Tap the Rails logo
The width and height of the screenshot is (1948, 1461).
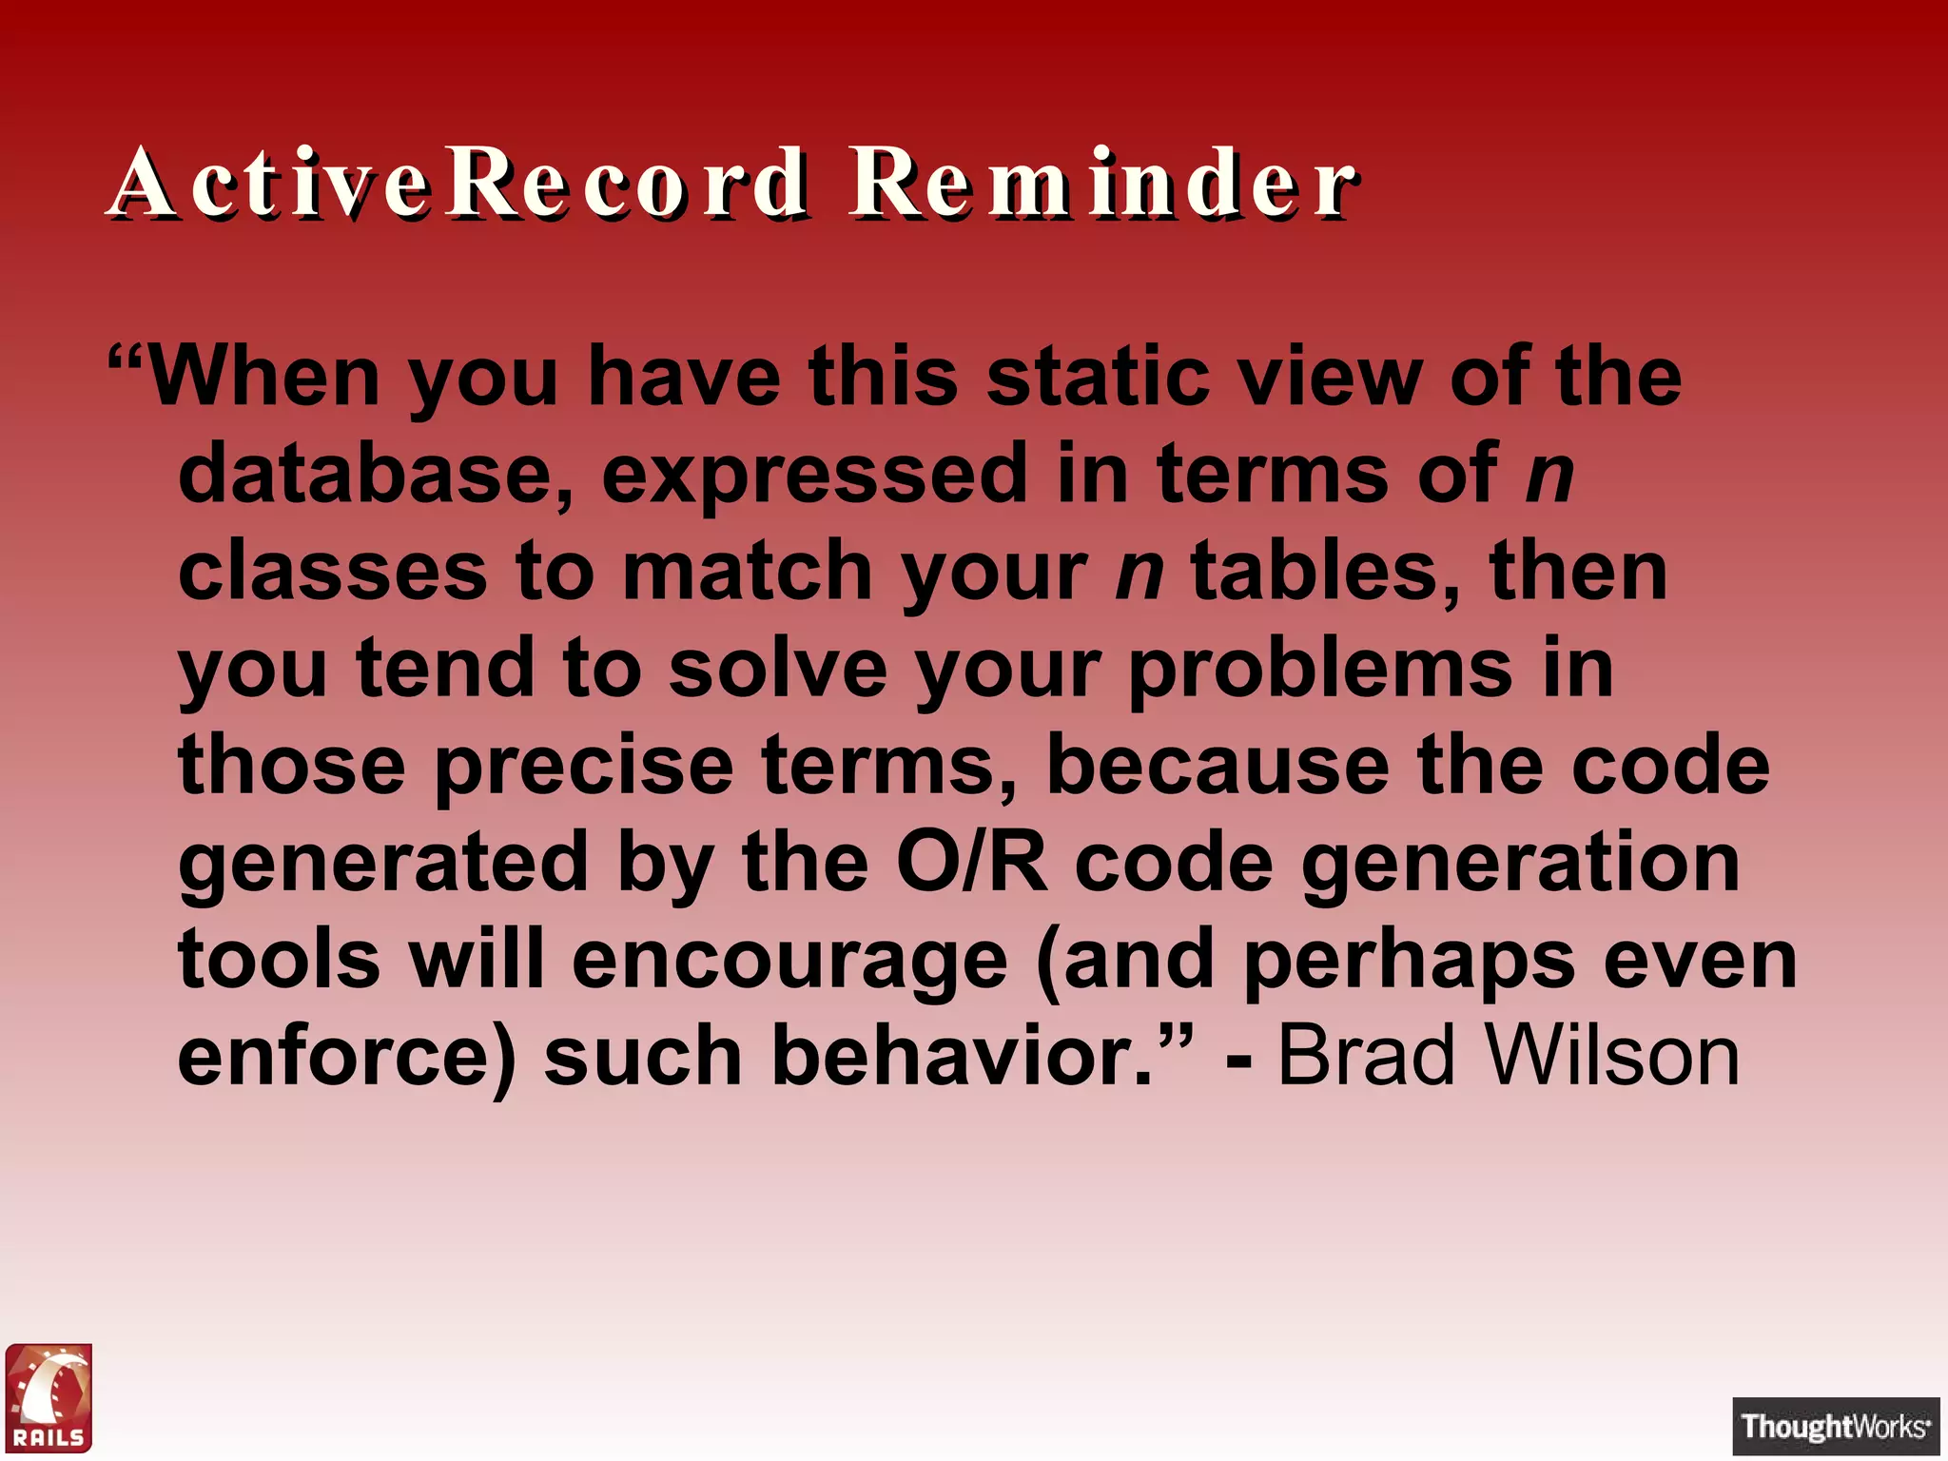click(49, 1397)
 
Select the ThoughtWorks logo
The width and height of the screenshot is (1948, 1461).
click(1835, 1426)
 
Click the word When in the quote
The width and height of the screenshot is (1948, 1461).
click(264, 377)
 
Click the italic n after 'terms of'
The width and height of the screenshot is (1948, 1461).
click(1549, 476)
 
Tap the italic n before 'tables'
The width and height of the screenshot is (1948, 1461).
click(1139, 573)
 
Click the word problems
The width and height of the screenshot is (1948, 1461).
click(1320, 670)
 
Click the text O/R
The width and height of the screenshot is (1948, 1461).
click(971, 864)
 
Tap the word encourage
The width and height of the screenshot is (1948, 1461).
click(789, 961)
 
